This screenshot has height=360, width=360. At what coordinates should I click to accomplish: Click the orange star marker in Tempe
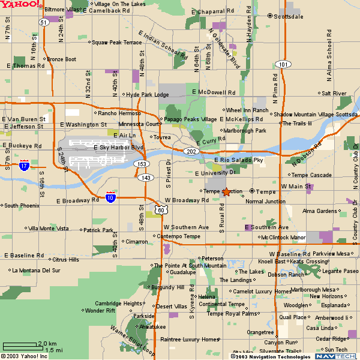pyautogui.click(x=226, y=192)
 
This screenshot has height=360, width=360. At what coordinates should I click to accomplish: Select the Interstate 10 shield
pyautogui.click(x=110, y=197)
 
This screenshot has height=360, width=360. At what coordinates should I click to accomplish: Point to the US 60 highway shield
pyautogui.click(x=160, y=209)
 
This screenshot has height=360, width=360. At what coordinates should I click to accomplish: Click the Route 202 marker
pyautogui.click(x=190, y=151)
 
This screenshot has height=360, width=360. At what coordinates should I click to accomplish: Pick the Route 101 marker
pyautogui.click(x=283, y=64)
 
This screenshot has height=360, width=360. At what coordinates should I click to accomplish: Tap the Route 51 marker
pyautogui.click(x=44, y=22)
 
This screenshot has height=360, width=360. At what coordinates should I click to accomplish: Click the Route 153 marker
pyautogui.click(x=142, y=164)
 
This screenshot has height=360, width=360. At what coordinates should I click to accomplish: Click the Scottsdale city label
pyautogui.click(x=288, y=17)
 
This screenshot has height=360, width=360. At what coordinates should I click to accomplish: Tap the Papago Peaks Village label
pyautogui.click(x=190, y=119)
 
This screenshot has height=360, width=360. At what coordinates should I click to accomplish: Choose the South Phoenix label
pyautogui.click(x=22, y=206)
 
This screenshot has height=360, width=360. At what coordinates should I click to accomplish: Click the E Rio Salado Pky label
pyautogui.click(x=238, y=160)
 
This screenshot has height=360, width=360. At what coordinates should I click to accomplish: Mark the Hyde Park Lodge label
pyautogui.click(x=147, y=95)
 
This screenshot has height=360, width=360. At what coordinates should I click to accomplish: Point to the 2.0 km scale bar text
pyautogui.click(x=47, y=343)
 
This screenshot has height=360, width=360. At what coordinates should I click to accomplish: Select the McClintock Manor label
pyautogui.click(x=283, y=238)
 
